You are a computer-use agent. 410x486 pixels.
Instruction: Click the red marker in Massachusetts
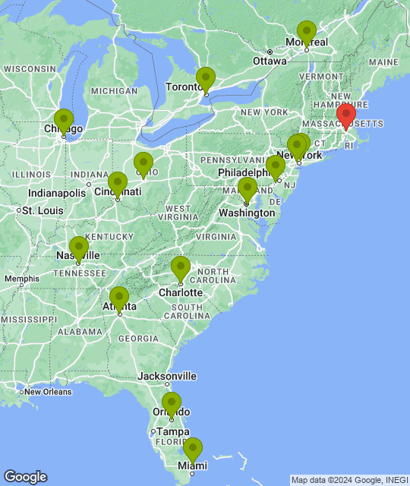pyautogui.click(x=346, y=116)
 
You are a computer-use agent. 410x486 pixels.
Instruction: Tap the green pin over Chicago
pyautogui.click(x=64, y=121)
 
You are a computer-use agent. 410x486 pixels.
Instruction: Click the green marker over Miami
pyautogui.click(x=193, y=450)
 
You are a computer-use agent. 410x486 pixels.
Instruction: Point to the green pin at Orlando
pyautogui.click(x=172, y=404)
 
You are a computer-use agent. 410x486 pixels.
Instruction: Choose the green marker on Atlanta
pyautogui.click(x=119, y=298)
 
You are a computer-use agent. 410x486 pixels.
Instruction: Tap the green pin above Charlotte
pyautogui.click(x=180, y=268)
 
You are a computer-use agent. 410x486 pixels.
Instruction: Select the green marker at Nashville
pyautogui.click(x=78, y=248)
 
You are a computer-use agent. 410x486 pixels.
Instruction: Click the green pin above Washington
pyautogui.click(x=247, y=189)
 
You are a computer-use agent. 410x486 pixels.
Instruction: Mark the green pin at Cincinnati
pyautogui.click(x=117, y=184)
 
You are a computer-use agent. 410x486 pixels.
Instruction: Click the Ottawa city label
pyautogui.click(x=270, y=61)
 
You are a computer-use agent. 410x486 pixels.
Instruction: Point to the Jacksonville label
pyautogui.click(x=167, y=376)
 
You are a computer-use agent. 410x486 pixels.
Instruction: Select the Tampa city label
pyautogui.click(x=173, y=431)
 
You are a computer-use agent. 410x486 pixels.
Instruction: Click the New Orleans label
pyautogui.click(x=47, y=392)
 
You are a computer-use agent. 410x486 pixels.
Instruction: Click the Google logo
pyautogui.click(x=25, y=477)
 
